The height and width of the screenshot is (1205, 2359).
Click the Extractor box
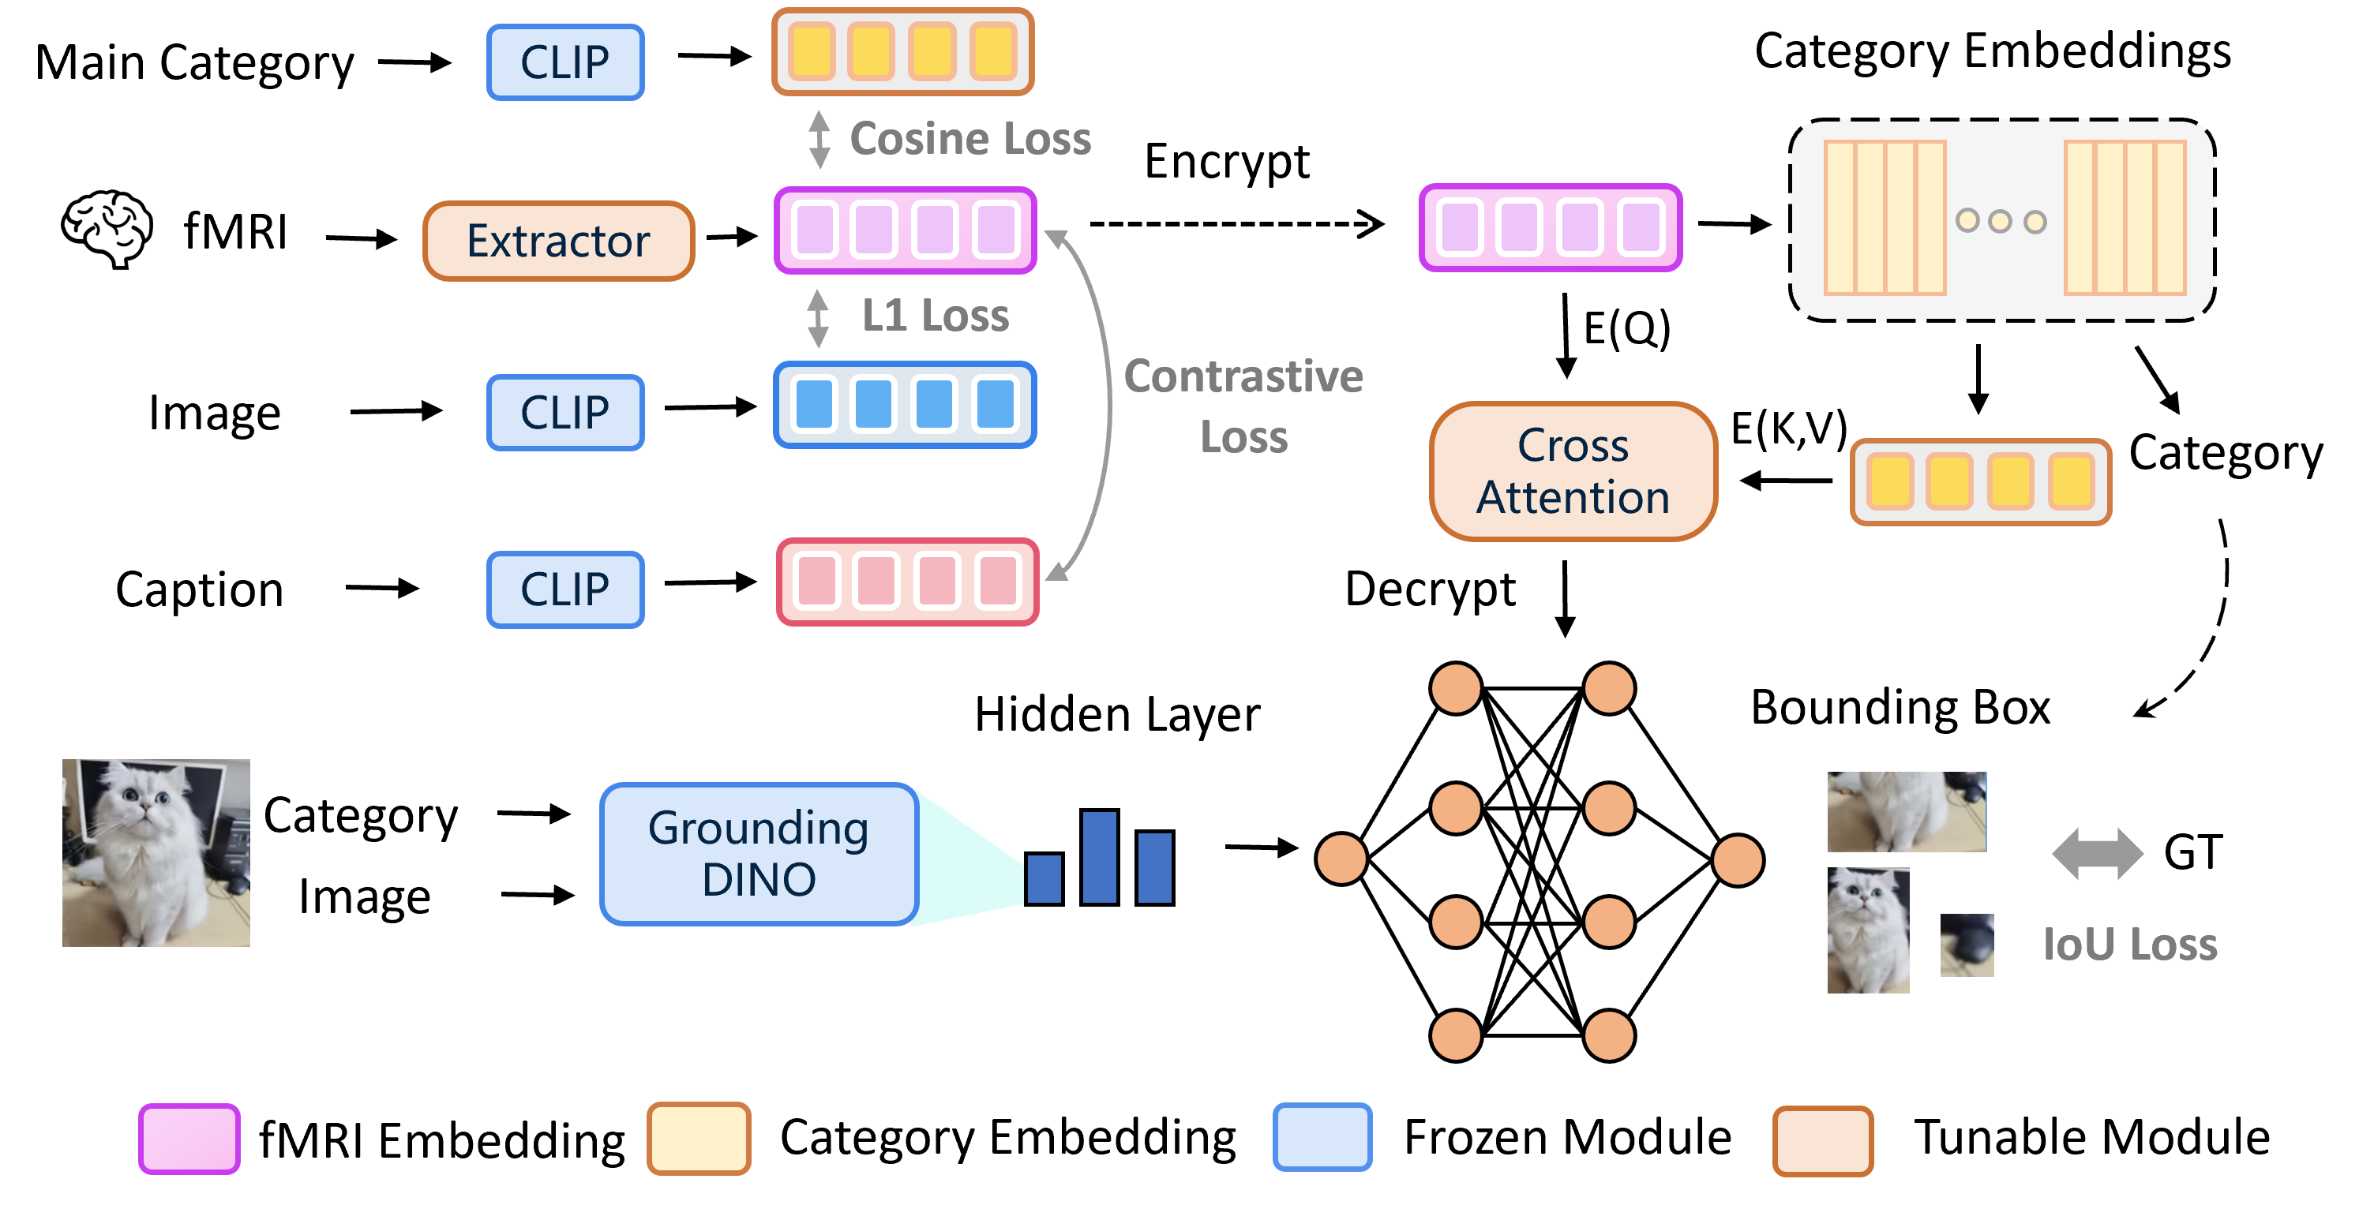point(559,241)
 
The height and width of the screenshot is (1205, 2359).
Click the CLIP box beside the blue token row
point(565,412)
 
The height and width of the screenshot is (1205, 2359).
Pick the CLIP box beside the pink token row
point(565,589)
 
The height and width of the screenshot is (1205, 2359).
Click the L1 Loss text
point(935,316)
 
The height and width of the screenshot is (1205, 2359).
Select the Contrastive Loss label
point(1243,406)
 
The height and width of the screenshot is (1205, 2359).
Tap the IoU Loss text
point(2129,944)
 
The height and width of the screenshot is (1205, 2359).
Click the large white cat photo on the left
point(156,852)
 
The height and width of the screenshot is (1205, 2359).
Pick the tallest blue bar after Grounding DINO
point(1099,857)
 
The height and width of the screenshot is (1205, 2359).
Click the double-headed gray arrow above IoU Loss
point(2097,853)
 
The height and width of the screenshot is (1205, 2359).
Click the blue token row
point(905,405)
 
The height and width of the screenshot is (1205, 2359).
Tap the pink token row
point(907,582)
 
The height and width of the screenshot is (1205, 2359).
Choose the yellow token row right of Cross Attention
point(1980,481)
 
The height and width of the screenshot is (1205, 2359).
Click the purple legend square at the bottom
point(189,1138)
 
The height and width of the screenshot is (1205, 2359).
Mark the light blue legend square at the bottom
point(1322,1136)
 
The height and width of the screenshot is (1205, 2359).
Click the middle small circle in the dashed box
point(2000,221)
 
